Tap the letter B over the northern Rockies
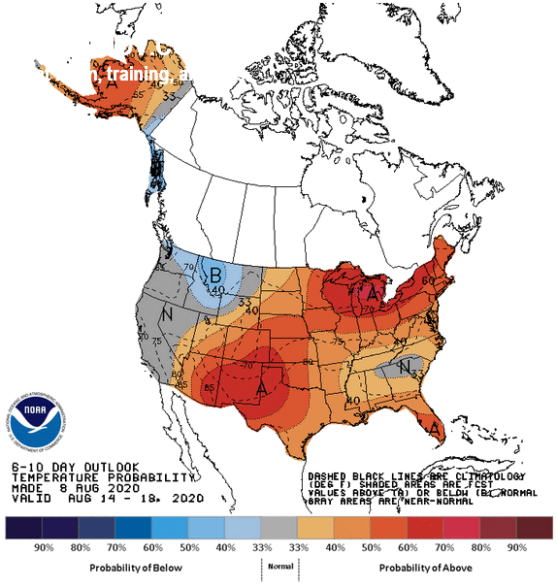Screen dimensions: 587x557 pos(213,274)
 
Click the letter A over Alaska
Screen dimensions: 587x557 pos(113,85)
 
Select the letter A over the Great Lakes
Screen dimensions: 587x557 pos(371,291)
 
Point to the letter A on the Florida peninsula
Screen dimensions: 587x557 pos(437,428)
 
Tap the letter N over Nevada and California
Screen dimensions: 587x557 pos(167,315)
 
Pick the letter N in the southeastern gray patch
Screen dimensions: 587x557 pos(403,365)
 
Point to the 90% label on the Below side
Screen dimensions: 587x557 pos(44,548)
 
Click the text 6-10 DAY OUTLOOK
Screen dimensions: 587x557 pos(76,467)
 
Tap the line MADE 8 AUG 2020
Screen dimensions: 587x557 pos(73,487)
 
